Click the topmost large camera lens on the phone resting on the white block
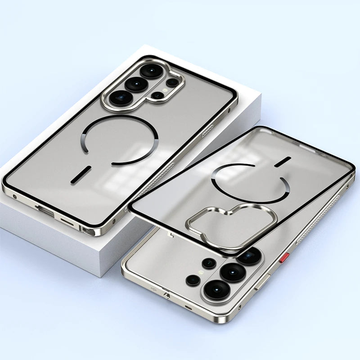(150, 71)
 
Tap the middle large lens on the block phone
(136, 84)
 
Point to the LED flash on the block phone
(164, 90)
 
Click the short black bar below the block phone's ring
(81, 174)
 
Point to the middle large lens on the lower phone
(233, 272)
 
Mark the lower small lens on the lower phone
(193, 280)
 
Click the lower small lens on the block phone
(157, 95)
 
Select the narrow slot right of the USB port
(68, 221)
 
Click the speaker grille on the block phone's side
(208, 131)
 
